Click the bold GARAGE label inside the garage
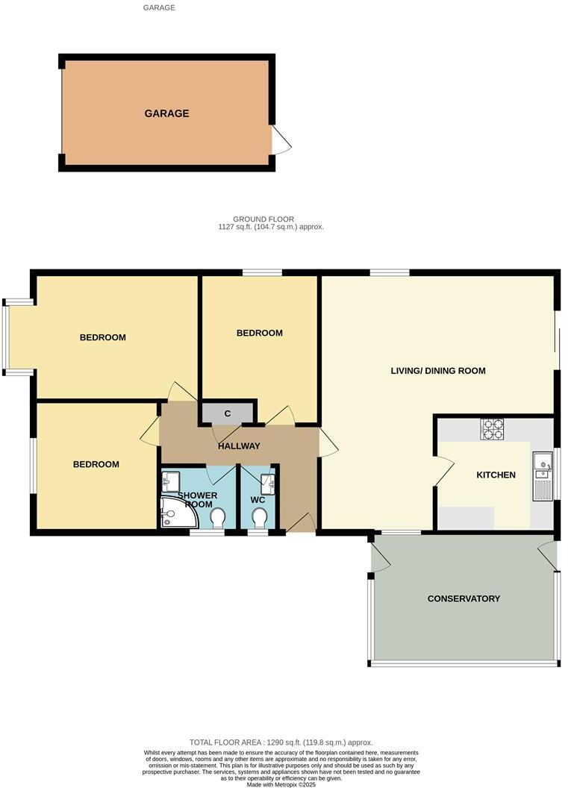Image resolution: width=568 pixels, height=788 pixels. coord(166,114)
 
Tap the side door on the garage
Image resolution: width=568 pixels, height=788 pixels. coord(281,140)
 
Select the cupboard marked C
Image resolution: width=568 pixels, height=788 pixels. coord(227,413)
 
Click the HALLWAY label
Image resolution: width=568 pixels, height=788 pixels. coord(239,446)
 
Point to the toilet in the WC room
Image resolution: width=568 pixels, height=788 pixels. coord(260,517)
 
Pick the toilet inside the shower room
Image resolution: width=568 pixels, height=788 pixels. coord(218,517)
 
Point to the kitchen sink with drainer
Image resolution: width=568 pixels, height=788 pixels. coord(541,476)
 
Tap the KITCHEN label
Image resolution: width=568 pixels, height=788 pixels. coord(496,475)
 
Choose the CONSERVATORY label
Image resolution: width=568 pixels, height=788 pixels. coord(464,598)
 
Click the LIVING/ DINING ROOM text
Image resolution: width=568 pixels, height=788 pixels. coord(438,371)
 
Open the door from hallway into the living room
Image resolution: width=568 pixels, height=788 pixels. coord(327,442)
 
